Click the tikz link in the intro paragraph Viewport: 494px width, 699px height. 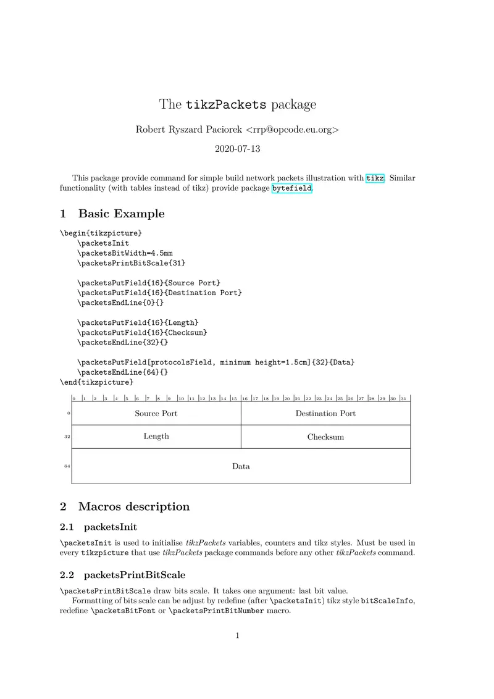tap(375, 178)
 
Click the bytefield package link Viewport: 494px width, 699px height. tap(291, 188)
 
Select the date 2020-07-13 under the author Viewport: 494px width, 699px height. tap(238, 149)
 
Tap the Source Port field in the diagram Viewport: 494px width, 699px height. tap(156, 413)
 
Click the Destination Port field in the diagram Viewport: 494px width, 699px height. tap(325, 413)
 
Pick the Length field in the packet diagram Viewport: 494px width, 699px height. tap(156, 436)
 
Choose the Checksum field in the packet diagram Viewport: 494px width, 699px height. tap(325, 437)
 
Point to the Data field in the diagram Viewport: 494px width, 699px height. tap(241, 466)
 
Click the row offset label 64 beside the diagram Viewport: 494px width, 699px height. tap(67, 466)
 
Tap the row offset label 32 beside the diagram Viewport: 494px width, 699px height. tap(67, 437)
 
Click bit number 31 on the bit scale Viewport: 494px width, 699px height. tap(403, 398)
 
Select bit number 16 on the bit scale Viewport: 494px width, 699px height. tap(245, 398)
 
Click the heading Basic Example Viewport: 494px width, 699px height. tap(121, 214)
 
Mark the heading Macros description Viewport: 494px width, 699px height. tap(133, 506)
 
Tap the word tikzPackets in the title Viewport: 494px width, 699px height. tap(226, 104)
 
